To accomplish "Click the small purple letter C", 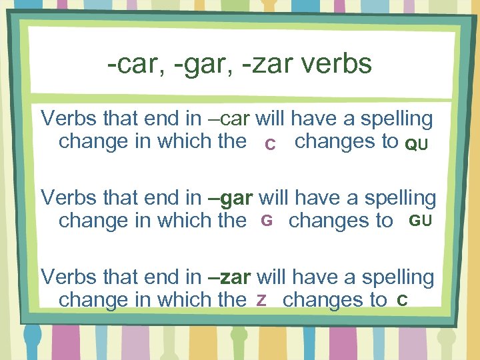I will pyautogui.click(x=270, y=145).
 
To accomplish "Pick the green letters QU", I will pyautogui.click(x=417, y=145).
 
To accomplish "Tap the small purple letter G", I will pyautogui.click(x=267, y=221).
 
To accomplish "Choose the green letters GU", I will pyautogui.click(x=420, y=221).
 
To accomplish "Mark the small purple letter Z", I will pyautogui.click(x=262, y=299).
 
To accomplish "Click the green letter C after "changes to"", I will pyautogui.click(x=401, y=299).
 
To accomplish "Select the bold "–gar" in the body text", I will pyautogui.click(x=231, y=198).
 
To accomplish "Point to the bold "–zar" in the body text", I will pyautogui.click(x=229, y=277).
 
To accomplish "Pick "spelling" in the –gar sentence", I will pyautogui.click(x=398, y=198).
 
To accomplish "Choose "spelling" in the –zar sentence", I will pyautogui.click(x=396, y=277).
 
